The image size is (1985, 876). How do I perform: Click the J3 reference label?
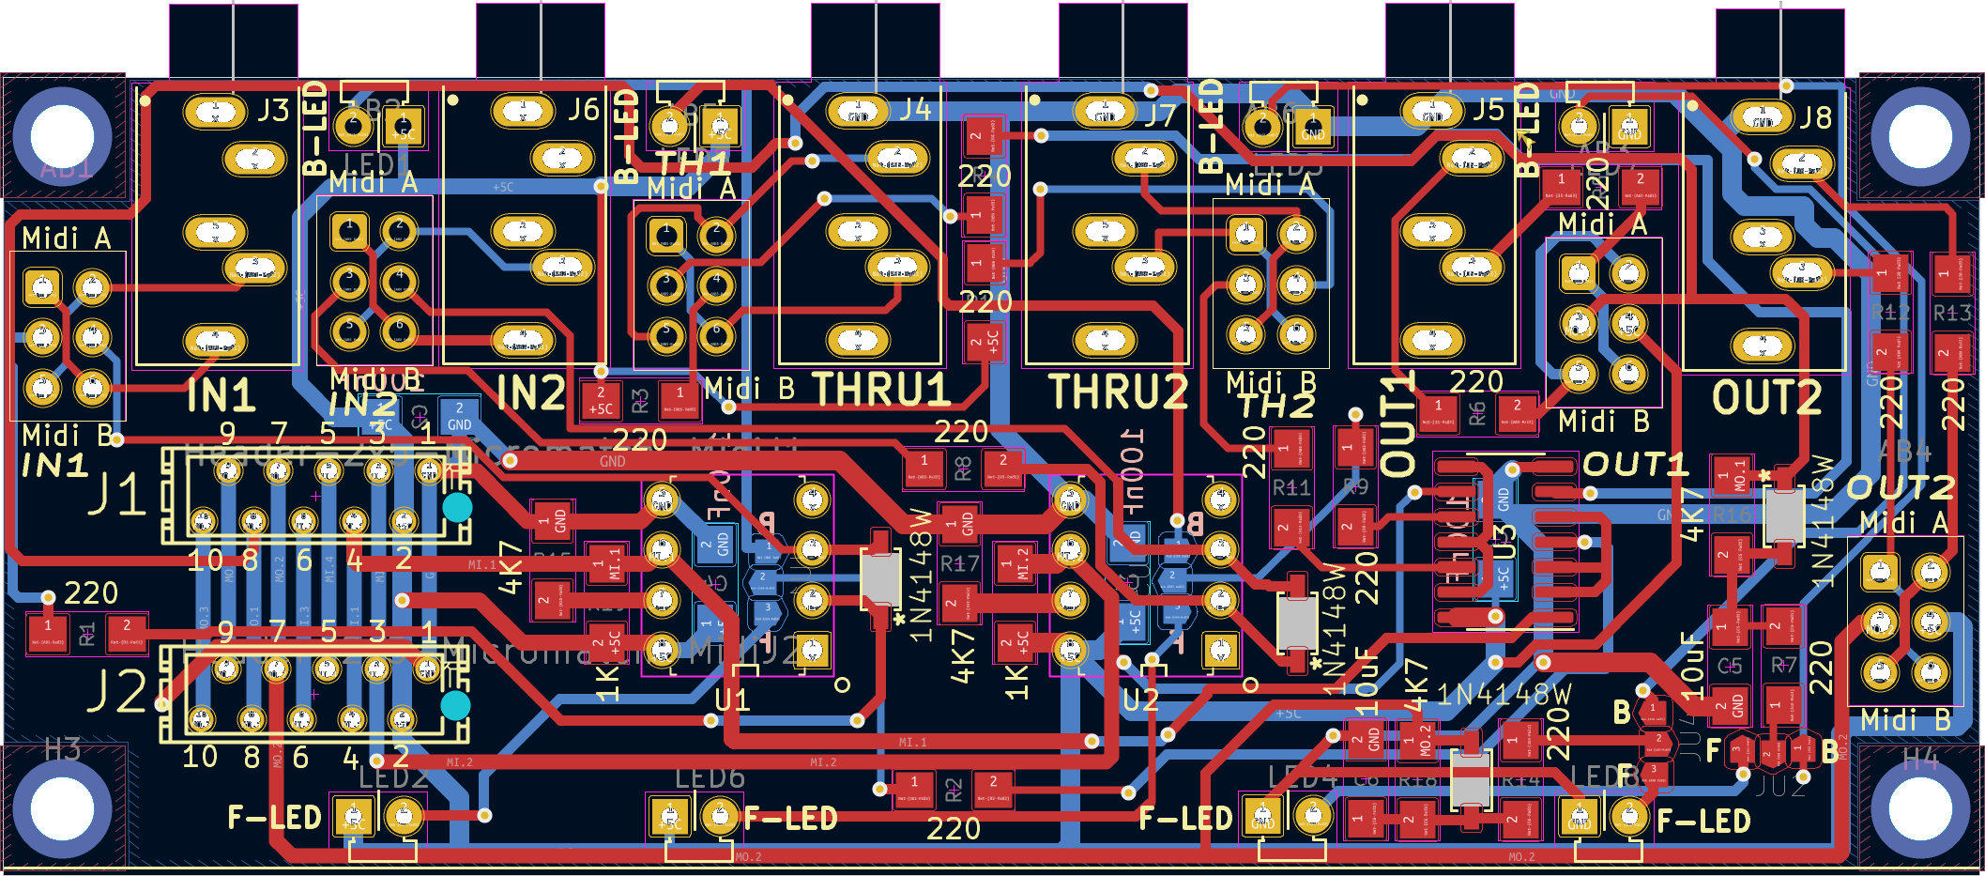pyautogui.click(x=273, y=111)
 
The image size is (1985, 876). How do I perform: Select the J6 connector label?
pyautogui.click(x=582, y=110)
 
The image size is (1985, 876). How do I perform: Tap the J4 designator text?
pyautogui.click(x=915, y=110)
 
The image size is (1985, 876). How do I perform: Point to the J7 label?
pyautogui.click(x=1160, y=115)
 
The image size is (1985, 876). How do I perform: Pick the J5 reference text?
pyautogui.click(x=1488, y=110)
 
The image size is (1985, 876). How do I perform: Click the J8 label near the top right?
pyautogui.click(x=1815, y=117)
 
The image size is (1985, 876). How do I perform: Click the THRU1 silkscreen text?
pyautogui.click(x=881, y=390)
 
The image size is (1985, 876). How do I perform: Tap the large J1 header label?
pyautogui.click(x=116, y=495)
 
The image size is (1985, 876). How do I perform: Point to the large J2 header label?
pyautogui.click(x=116, y=693)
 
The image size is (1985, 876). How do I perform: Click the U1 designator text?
pyautogui.click(x=732, y=700)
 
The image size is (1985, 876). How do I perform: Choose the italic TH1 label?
pyautogui.click(x=692, y=162)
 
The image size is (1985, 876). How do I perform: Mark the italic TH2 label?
pyautogui.click(x=1275, y=407)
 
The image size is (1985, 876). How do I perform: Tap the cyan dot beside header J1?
pyautogui.click(x=457, y=508)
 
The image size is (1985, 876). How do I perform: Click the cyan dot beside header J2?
pyautogui.click(x=455, y=705)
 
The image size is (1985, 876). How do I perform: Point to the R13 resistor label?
pyautogui.click(x=1951, y=313)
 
